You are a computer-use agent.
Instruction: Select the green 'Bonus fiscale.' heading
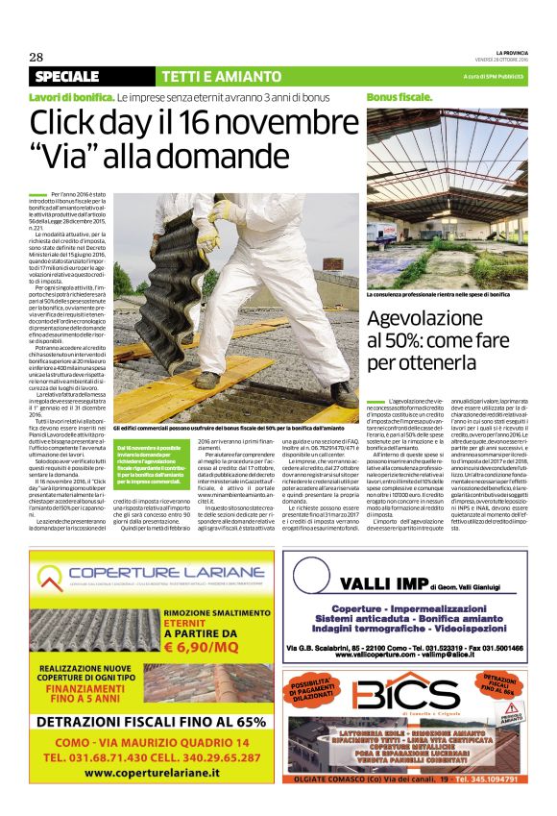pos(400,98)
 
